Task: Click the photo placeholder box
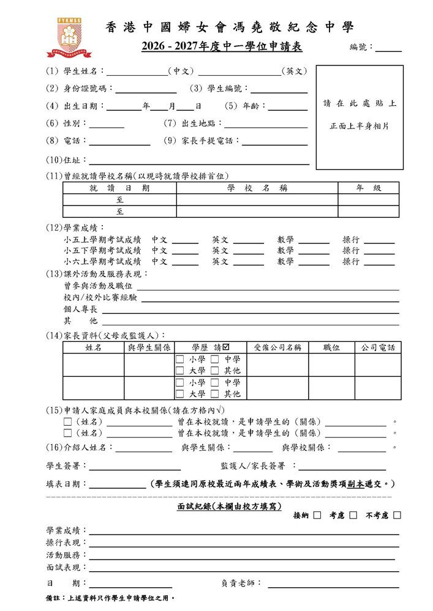[360, 117]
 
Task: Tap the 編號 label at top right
[361, 47]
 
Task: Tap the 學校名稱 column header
[257, 188]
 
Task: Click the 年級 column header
[369, 188]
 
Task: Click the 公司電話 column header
[378, 347]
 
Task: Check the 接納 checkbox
[317, 516]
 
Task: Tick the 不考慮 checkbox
[397, 516]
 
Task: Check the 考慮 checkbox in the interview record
[353, 516]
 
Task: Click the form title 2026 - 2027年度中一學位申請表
[222, 47]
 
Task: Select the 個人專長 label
[80, 309]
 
